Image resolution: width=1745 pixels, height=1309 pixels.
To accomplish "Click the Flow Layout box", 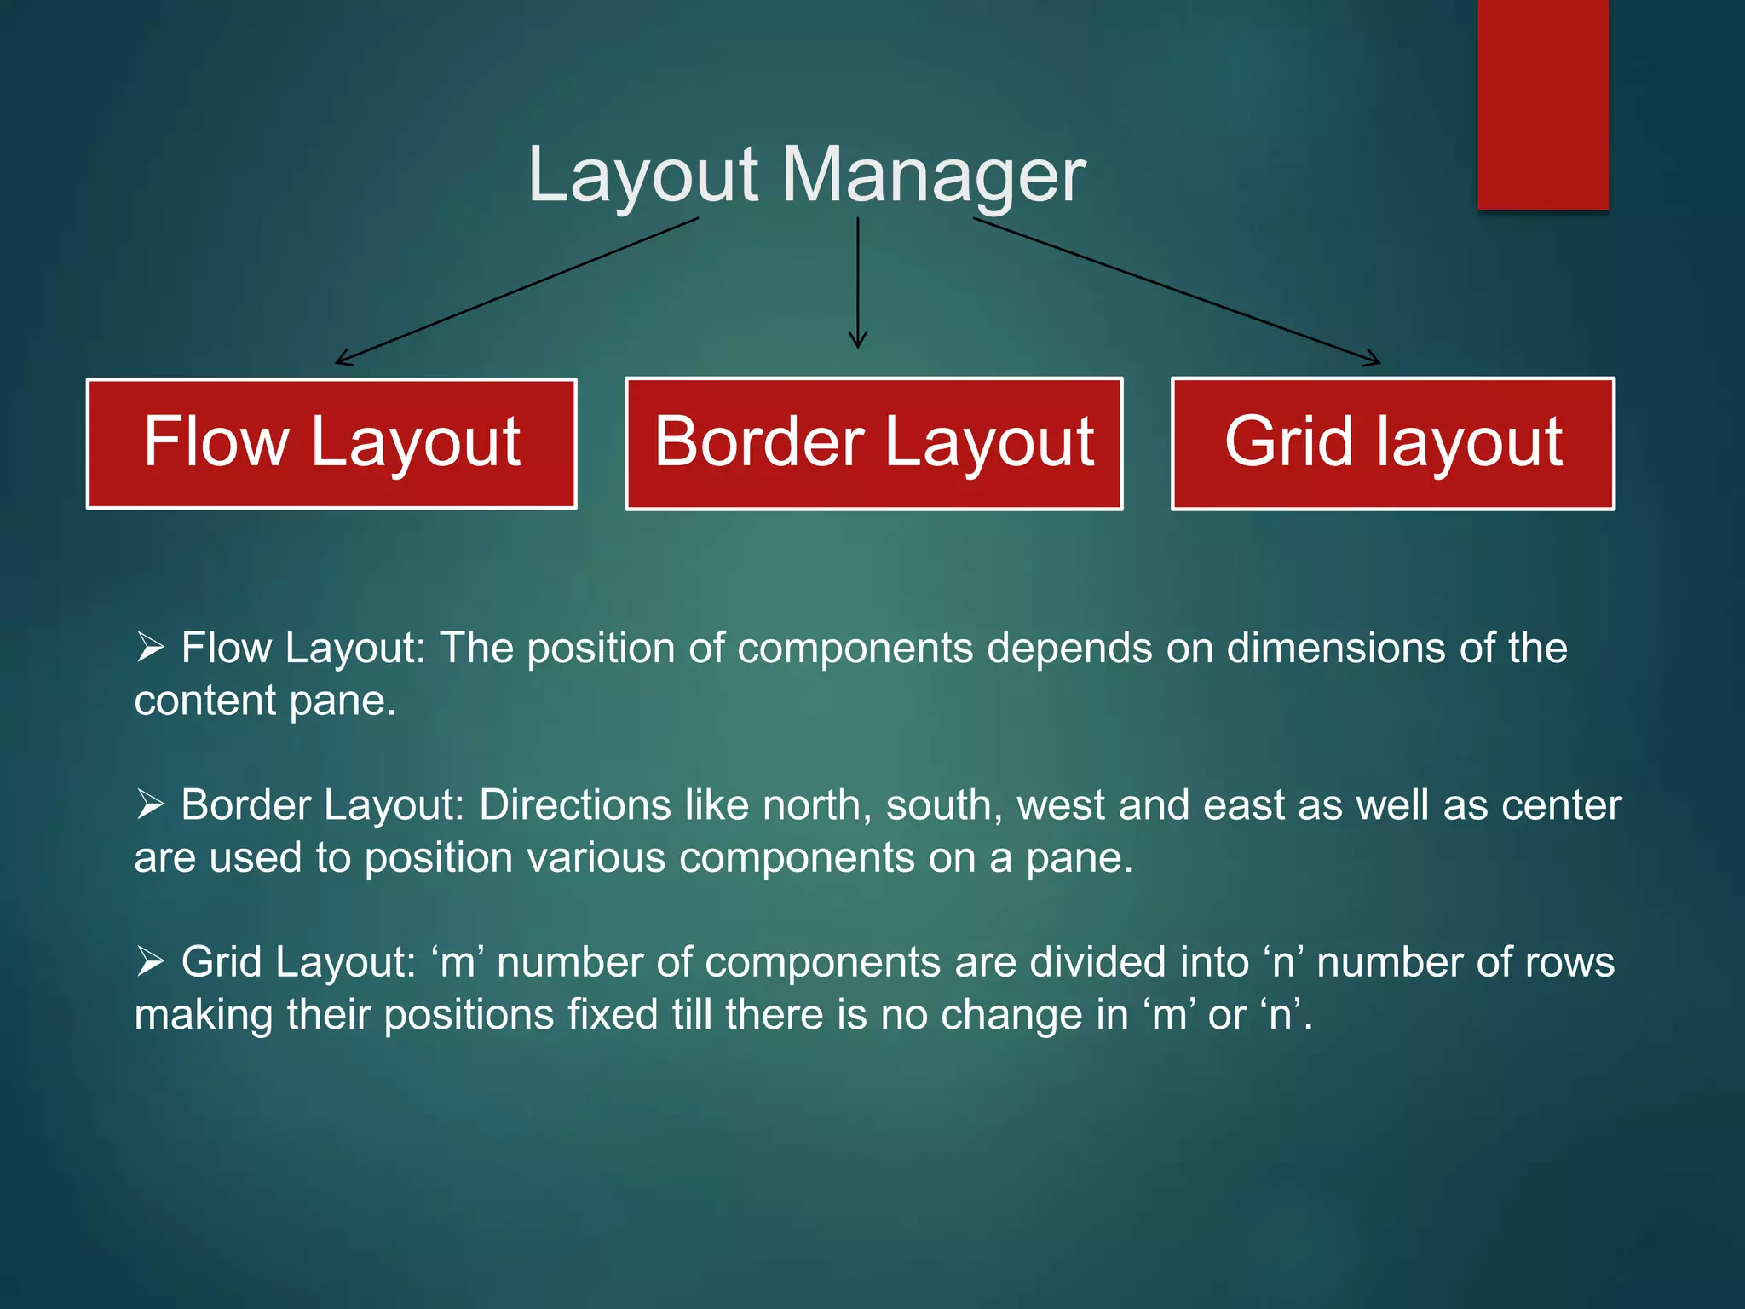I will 331,443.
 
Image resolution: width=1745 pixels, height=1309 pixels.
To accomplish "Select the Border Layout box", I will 873,443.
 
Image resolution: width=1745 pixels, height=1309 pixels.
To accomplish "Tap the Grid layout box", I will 1393,443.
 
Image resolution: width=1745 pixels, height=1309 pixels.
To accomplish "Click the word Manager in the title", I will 933,175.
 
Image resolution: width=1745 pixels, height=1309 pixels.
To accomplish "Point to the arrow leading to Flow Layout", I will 516,291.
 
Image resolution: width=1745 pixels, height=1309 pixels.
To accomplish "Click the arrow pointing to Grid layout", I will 1176,291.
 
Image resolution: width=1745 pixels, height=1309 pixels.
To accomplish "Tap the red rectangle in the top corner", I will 1543,104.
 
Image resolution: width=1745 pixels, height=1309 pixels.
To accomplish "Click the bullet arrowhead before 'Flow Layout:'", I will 150,648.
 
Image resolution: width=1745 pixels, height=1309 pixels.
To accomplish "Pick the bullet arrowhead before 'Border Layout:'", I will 150,804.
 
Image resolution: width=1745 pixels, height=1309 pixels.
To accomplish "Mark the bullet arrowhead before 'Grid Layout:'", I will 150,961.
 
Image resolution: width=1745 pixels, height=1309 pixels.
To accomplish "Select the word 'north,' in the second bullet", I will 817,804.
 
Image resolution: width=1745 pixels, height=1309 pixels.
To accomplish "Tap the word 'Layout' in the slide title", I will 643,175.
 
